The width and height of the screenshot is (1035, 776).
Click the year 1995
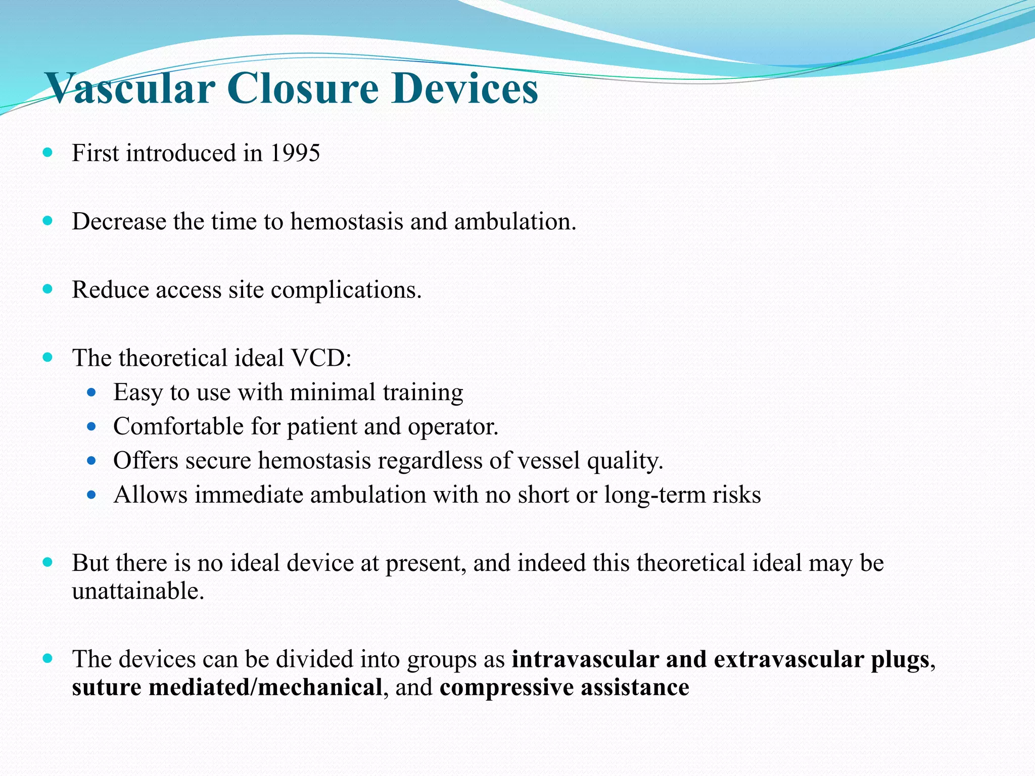295,153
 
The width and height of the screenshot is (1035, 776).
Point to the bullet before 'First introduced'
48,152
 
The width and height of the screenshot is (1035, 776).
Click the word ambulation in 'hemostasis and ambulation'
515,221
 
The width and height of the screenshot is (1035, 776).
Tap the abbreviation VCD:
321,358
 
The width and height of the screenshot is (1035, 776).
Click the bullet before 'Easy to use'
91,392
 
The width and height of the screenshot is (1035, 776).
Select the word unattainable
138,591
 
